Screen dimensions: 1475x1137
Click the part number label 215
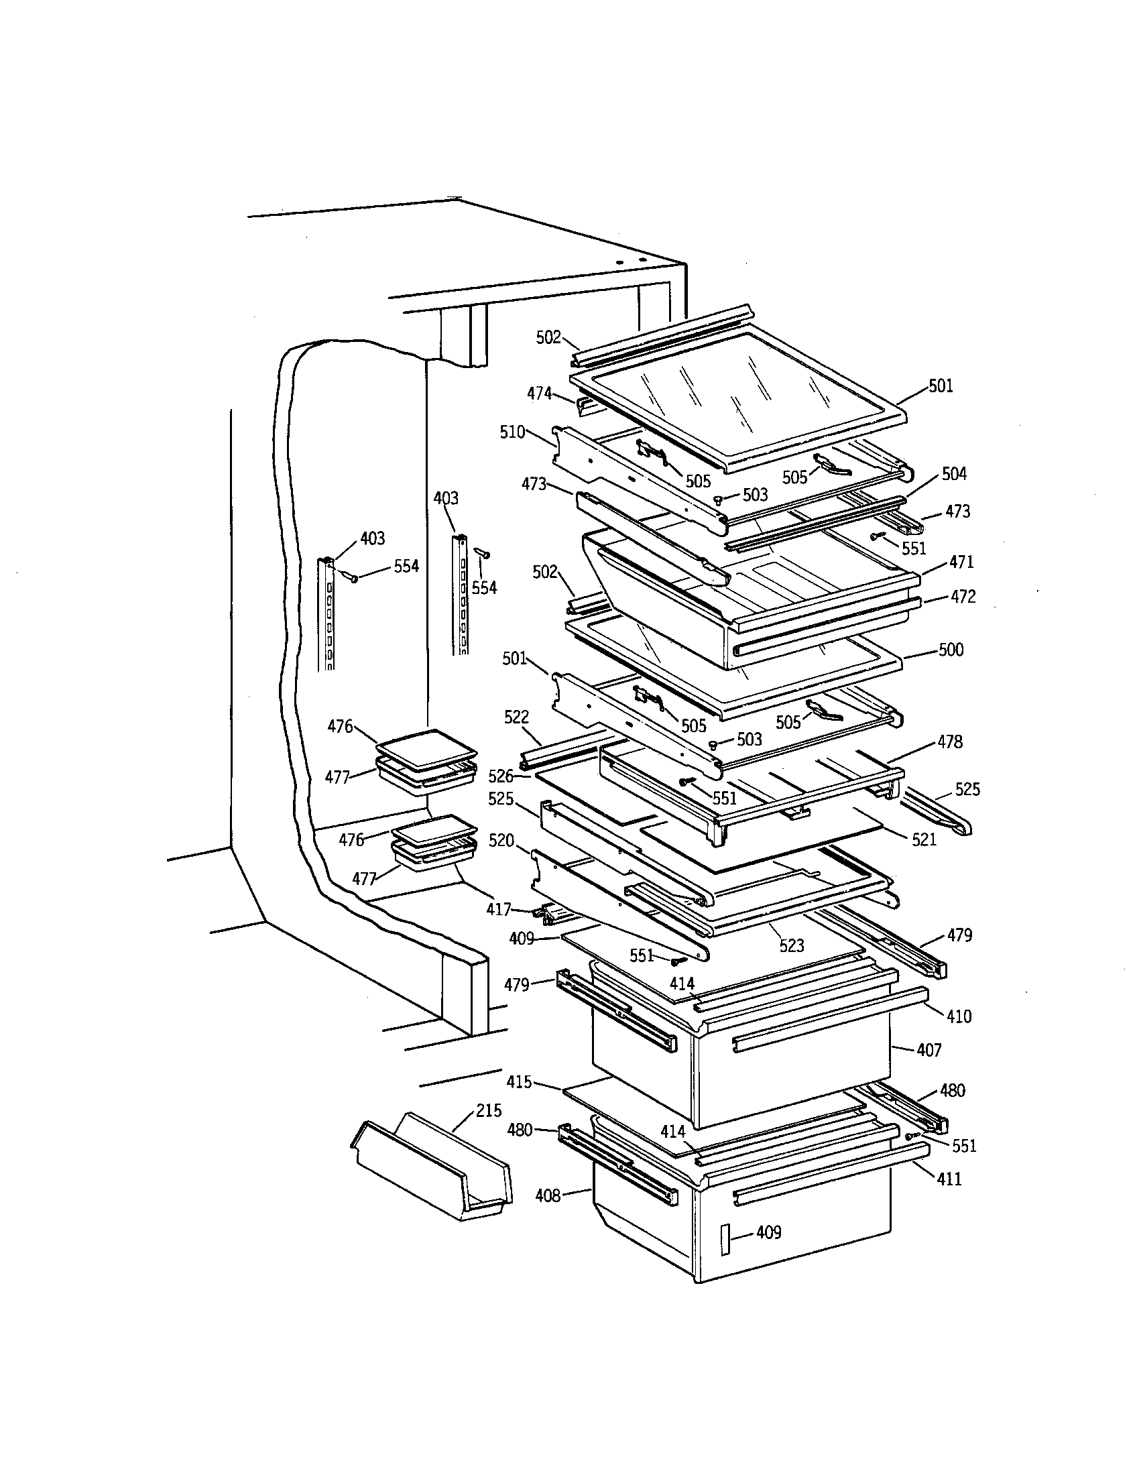[x=489, y=1110]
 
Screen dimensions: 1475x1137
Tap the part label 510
[x=512, y=432]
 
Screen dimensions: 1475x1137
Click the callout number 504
[x=954, y=474]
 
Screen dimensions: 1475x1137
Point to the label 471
[x=961, y=562]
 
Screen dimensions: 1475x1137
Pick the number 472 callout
[x=963, y=597]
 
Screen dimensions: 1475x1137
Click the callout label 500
[x=951, y=650]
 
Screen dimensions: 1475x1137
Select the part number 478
[x=950, y=742]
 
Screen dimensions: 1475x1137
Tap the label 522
[x=516, y=717]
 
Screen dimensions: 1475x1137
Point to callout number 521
[x=924, y=839]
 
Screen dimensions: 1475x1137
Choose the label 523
[x=791, y=946]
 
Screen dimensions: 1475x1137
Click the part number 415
[x=520, y=1083]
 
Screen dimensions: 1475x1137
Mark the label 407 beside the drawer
[x=929, y=1050]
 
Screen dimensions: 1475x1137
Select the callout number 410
[x=959, y=1016]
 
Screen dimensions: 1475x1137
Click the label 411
[x=949, y=1179]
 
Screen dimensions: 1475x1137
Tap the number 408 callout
[x=548, y=1196]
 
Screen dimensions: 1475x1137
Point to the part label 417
[x=499, y=910]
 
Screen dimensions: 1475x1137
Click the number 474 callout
[x=540, y=393]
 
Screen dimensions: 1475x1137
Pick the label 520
[x=501, y=841]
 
